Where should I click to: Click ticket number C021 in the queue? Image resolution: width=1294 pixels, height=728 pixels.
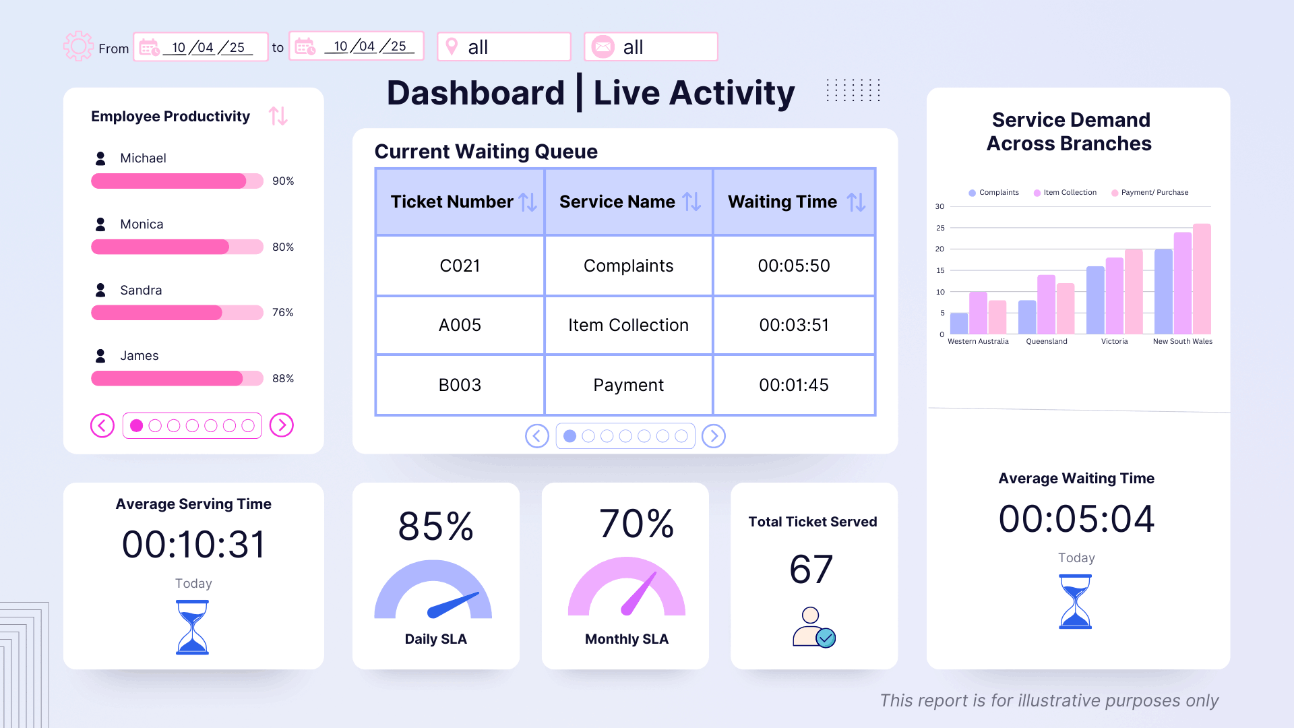coord(460,266)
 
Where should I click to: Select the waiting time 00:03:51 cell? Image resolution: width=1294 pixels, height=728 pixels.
coord(794,325)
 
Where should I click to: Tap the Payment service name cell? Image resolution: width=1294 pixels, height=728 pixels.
coord(628,385)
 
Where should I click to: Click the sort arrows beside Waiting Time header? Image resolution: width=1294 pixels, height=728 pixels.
coord(856,202)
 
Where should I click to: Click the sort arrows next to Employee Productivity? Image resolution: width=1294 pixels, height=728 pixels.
coord(278,116)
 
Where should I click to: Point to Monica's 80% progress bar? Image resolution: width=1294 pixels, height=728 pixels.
coord(177,247)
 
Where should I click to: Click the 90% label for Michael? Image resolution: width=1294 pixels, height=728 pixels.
coord(283,181)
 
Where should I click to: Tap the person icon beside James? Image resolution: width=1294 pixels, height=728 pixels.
coord(100,355)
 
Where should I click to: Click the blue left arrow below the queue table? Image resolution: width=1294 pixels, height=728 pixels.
coord(537,436)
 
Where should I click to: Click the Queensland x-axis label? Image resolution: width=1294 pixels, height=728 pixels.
coord(1046,342)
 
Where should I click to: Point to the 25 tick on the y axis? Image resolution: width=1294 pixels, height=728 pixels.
coord(940,228)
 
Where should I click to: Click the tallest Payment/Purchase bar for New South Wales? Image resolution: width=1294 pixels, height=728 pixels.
coord(1202,279)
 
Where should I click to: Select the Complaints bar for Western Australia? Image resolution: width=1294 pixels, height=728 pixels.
coord(958,324)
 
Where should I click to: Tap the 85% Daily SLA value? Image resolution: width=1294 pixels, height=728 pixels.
coord(436,526)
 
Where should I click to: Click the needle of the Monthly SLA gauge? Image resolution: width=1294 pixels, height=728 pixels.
coord(639,593)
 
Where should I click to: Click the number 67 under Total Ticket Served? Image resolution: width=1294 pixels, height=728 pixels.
coord(811,570)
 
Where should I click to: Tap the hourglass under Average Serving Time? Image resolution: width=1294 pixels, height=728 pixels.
coord(193,627)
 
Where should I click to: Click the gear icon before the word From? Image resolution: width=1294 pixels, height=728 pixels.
coord(78,47)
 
